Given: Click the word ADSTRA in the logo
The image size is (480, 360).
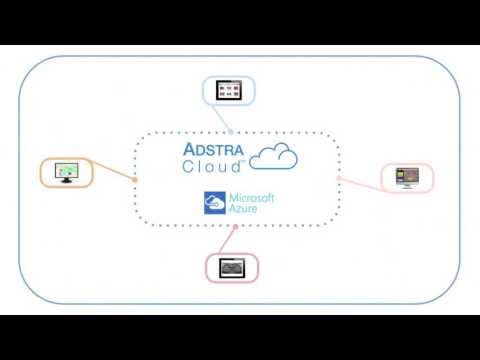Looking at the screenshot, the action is (213, 149).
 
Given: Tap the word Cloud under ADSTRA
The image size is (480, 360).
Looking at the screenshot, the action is (211, 166).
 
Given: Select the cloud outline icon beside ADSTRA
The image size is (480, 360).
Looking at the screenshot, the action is (273, 156).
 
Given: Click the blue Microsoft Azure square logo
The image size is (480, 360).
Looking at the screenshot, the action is (215, 203).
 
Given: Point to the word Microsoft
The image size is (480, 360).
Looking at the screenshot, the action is (252, 198).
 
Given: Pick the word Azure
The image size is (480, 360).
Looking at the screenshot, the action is (243, 209).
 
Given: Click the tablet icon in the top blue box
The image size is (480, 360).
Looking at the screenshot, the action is (229, 90).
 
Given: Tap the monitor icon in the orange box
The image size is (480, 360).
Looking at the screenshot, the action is (67, 173).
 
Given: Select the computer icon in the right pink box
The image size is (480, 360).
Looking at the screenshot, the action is (407, 178).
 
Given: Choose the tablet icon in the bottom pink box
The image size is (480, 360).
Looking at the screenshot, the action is (232, 268).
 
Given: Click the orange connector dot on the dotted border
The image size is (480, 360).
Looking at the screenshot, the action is (135, 180).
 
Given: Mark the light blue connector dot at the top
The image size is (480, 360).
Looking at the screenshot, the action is (231, 132).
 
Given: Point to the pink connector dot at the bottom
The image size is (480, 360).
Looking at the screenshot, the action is (235, 227).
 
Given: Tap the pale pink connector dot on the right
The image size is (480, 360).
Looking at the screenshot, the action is (339, 178).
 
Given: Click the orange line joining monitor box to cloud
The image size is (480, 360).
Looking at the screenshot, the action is (112, 170).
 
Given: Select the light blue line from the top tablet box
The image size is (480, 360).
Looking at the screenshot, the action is (221, 118).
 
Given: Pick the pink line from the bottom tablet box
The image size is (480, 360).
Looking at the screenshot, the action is (227, 240).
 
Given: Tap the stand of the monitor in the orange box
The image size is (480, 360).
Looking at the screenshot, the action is (66, 180).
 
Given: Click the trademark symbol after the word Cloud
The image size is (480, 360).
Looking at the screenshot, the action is (243, 161).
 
